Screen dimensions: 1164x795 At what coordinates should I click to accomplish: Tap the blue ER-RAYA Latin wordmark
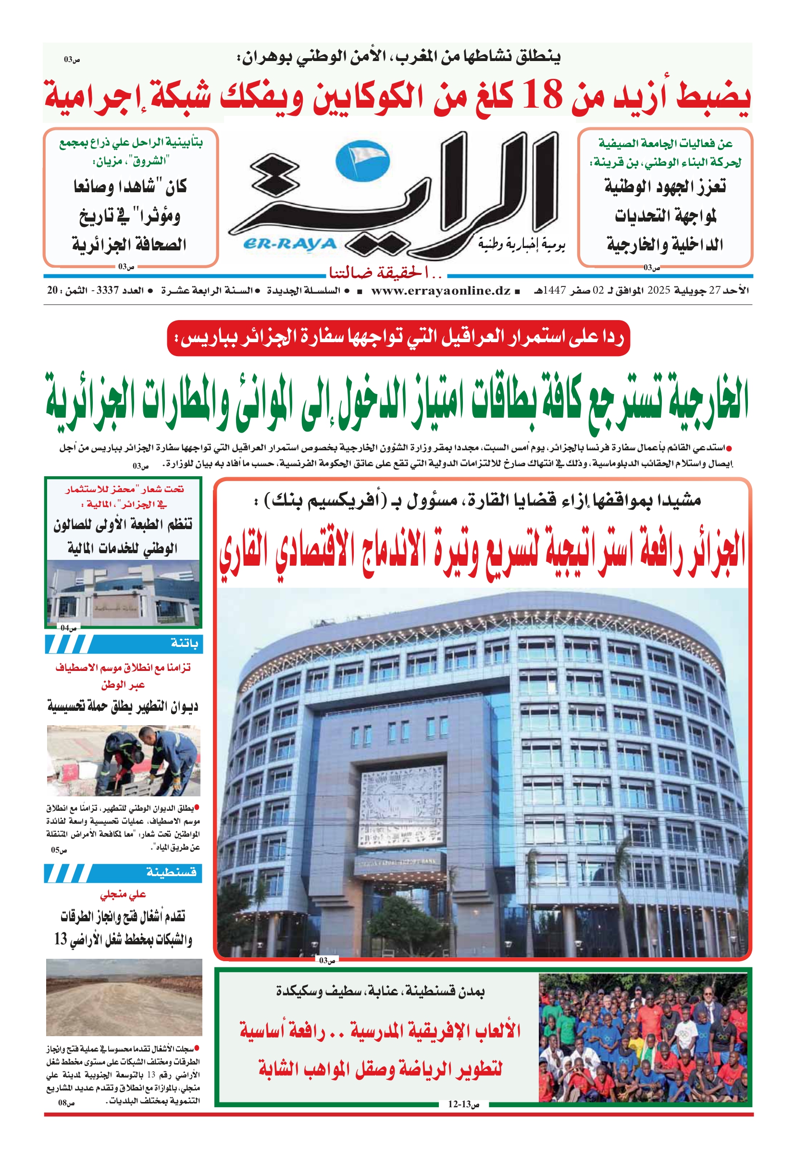(289, 244)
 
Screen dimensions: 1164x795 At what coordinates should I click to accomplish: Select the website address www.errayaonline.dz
(440, 290)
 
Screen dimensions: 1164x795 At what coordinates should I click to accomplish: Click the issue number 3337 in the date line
(107, 290)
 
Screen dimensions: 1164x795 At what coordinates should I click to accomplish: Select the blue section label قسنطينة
(171, 872)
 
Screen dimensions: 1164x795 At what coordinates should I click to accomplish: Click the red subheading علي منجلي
(123, 894)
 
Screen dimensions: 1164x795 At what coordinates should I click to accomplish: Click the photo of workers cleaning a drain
(123, 760)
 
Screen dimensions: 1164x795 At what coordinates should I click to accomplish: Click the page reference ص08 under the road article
(66, 1102)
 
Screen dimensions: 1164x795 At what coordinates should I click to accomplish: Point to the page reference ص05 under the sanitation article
(59, 850)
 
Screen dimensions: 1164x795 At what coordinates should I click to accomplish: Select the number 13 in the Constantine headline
(61, 939)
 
